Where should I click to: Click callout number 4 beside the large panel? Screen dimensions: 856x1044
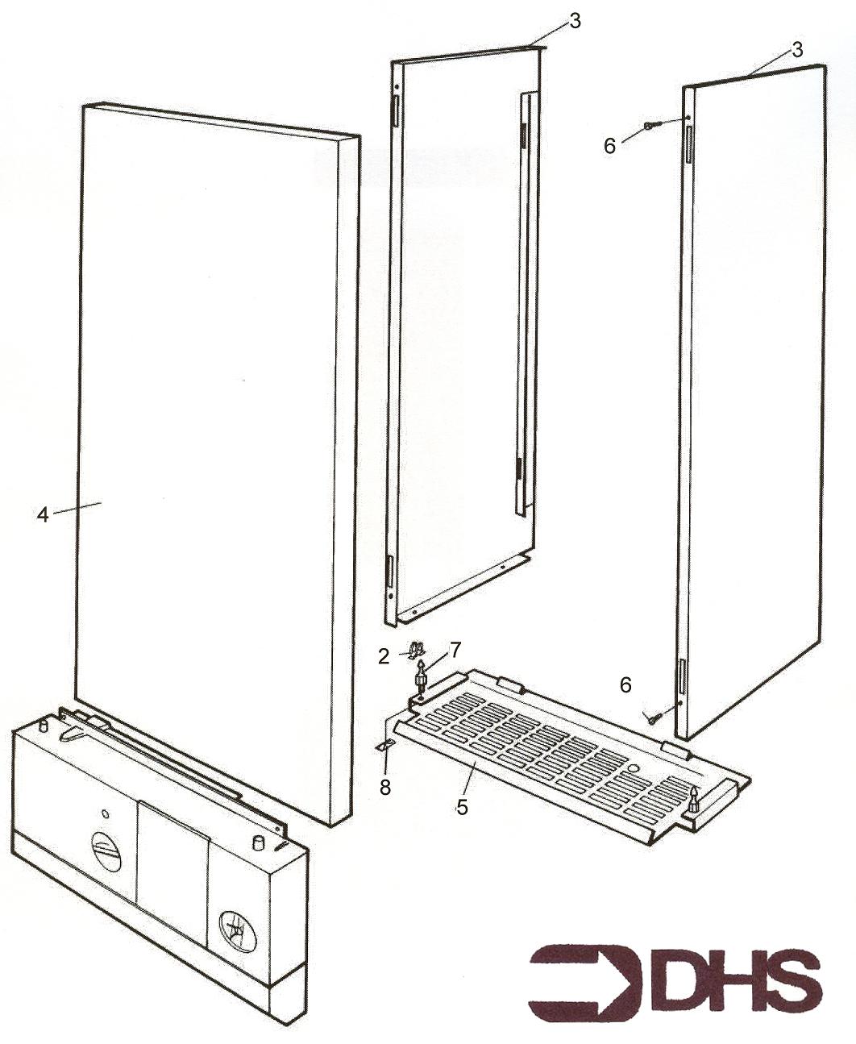(x=43, y=515)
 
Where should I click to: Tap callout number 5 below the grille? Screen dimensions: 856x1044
(x=461, y=807)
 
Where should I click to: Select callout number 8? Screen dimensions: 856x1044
(x=385, y=787)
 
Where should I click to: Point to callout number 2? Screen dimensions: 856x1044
(x=384, y=657)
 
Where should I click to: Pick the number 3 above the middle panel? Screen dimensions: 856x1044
(x=575, y=21)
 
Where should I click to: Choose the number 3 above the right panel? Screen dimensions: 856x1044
(x=796, y=49)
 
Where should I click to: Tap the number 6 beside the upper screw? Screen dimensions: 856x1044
(x=609, y=146)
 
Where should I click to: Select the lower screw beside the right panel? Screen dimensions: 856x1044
(x=650, y=716)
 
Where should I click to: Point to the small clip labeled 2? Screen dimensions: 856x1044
(x=418, y=651)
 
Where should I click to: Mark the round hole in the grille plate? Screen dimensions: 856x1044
(x=634, y=767)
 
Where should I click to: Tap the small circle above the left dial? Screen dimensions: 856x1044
(x=105, y=813)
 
